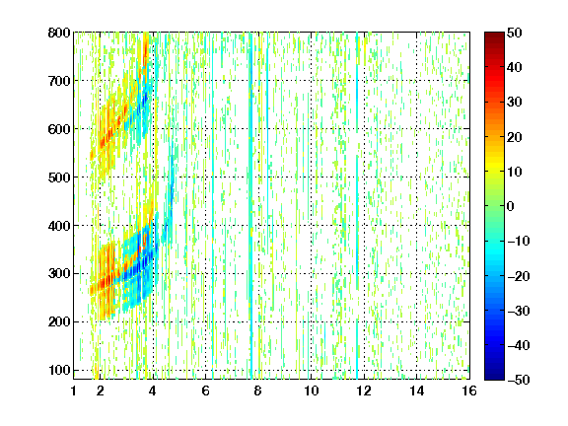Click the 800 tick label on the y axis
click(59, 33)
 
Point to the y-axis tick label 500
click(59, 177)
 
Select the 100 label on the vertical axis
click(59, 370)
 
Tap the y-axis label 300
click(59, 274)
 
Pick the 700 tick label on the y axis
click(59, 81)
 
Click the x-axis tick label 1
click(74, 390)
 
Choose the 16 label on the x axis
click(469, 390)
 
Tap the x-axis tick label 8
click(257, 390)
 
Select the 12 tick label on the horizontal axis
click(364, 390)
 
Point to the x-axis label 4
click(152, 390)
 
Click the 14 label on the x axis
click(416, 390)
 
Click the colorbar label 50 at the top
click(514, 33)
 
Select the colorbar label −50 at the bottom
click(519, 380)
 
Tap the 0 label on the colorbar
click(510, 206)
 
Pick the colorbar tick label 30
click(514, 103)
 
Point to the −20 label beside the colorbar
click(519, 276)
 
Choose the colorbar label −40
click(519, 345)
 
